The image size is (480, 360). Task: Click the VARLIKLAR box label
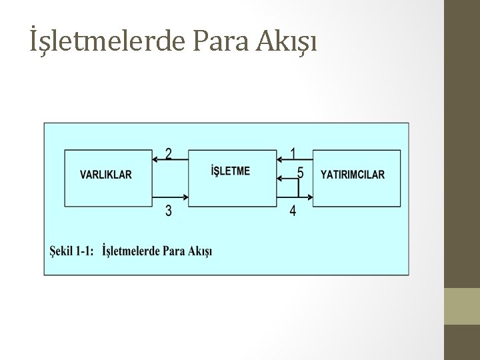click(x=106, y=175)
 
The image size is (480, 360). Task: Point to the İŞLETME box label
click(x=230, y=171)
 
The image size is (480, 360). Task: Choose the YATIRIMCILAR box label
click(x=353, y=175)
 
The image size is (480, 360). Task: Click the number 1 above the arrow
click(x=294, y=153)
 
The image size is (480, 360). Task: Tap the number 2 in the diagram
click(x=169, y=154)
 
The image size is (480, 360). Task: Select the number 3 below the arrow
click(x=169, y=211)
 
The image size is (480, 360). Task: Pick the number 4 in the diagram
click(x=294, y=212)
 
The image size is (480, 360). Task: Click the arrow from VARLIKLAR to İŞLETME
click(x=170, y=199)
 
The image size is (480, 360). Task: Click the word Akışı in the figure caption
click(x=198, y=251)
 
